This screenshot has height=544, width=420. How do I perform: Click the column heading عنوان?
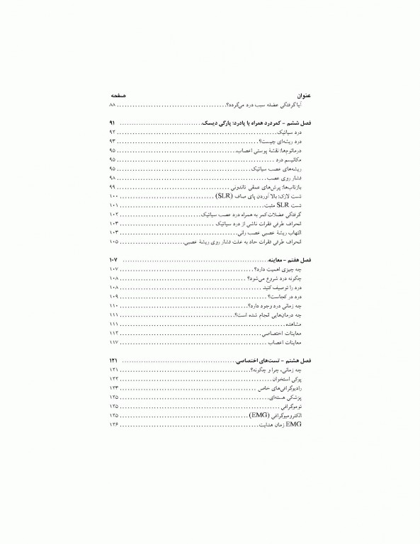point(303,95)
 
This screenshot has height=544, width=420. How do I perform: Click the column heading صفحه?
point(118,95)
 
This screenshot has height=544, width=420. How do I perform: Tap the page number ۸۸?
point(113,105)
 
